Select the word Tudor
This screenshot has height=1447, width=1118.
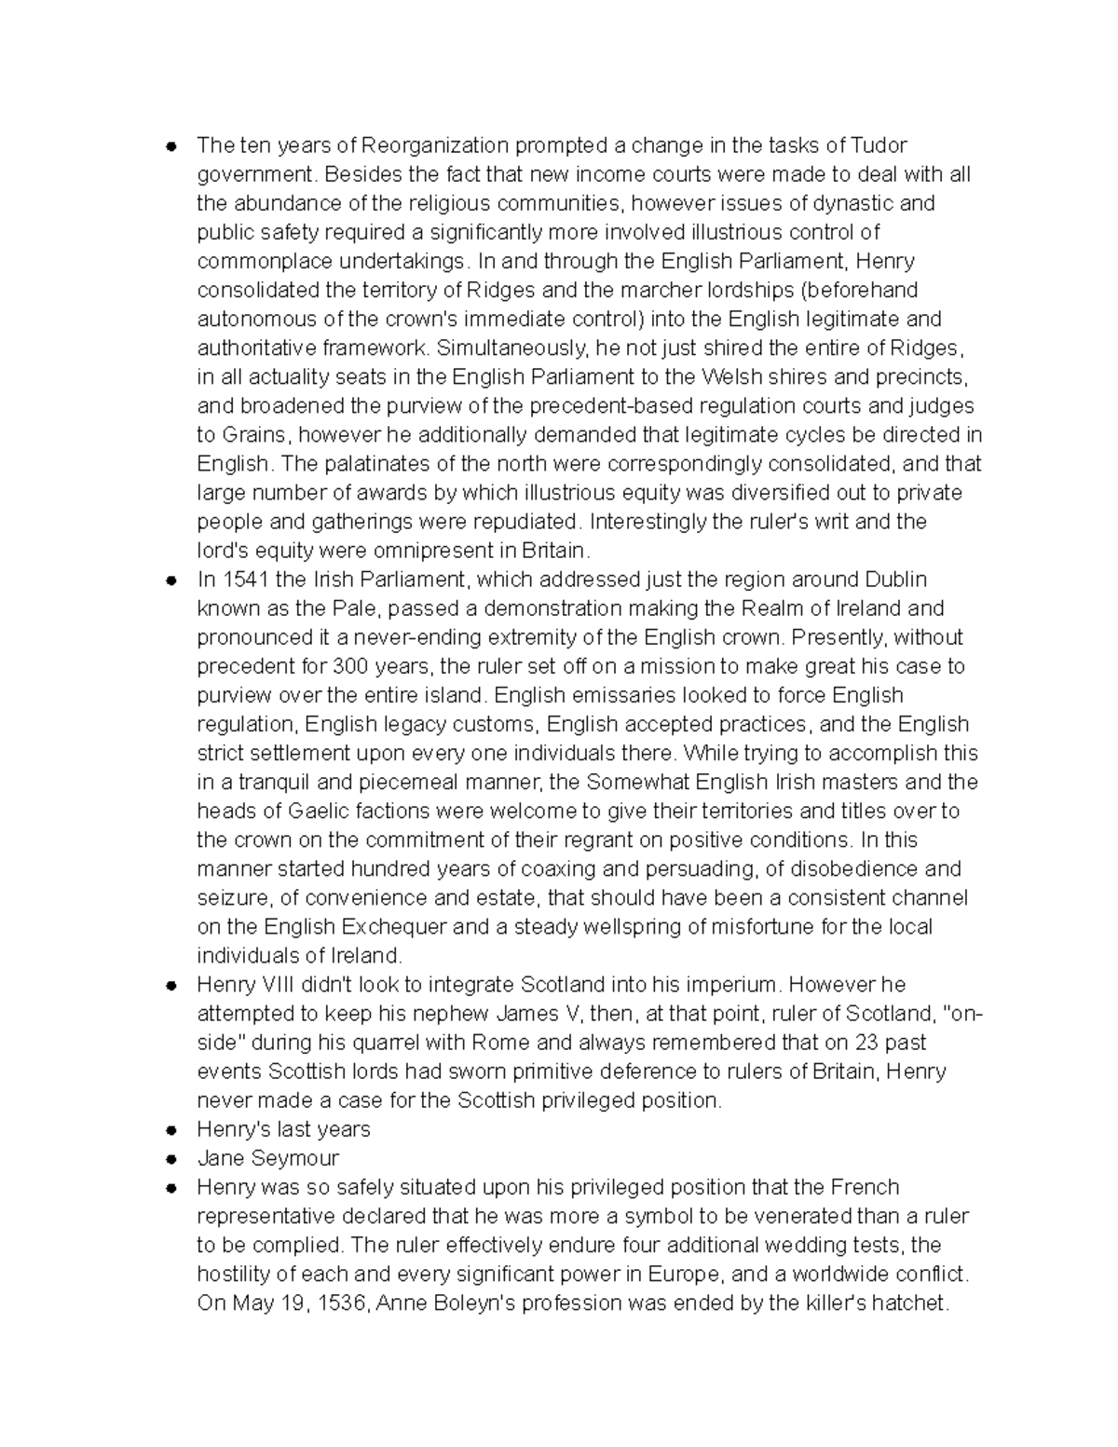click(x=879, y=145)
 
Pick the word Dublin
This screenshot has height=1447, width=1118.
click(x=895, y=580)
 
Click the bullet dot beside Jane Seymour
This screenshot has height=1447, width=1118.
click(x=170, y=1159)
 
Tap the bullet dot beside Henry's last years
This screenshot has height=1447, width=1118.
click(x=170, y=1130)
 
